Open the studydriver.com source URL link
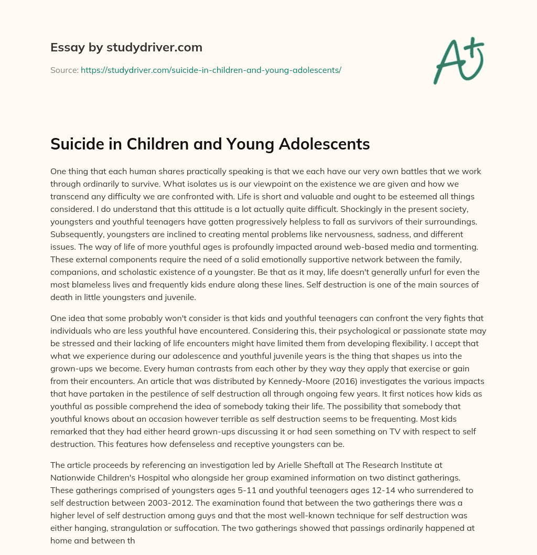coord(211,70)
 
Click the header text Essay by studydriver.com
coord(126,48)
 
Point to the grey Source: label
coord(64,70)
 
